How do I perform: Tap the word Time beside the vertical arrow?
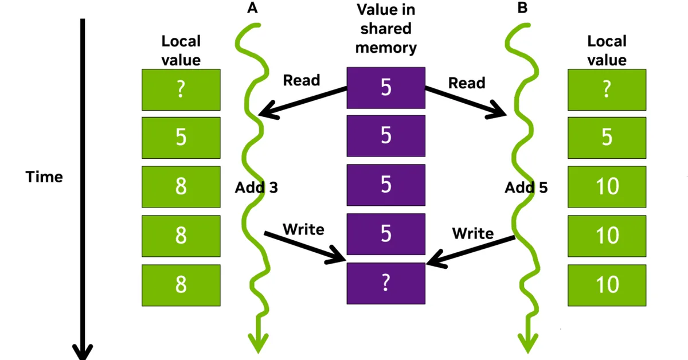click(44, 177)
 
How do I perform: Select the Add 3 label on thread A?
click(256, 187)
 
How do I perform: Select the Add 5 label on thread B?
click(526, 187)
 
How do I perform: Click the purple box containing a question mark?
click(386, 284)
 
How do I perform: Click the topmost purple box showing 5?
click(386, 88)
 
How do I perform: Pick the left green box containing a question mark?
click(181, 90)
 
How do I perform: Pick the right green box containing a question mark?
click(607, 90)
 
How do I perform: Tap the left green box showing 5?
click(181, 138)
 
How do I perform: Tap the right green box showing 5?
click(607, 138)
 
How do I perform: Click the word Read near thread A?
click(301, 80)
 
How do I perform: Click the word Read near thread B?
click(466, 83)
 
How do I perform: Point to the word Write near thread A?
click(303, 229)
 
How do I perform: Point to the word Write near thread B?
click(472, 233)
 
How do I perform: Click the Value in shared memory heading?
click(386, 29)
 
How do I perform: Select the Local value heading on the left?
click(181, 50)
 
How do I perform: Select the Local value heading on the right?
click(607, 50)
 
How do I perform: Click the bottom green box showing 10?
click(607, 284)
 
